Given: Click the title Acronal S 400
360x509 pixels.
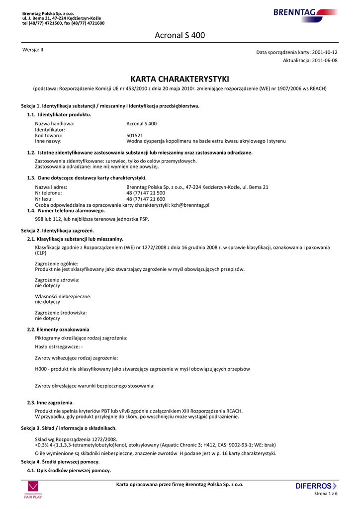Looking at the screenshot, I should pos(180,35).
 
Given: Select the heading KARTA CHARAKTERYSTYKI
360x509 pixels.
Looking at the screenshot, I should pos(180,79).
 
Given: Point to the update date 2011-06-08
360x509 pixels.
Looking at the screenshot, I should pos(325,60).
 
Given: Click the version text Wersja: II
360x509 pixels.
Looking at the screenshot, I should pos(33,50).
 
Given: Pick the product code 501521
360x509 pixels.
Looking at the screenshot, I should pos(135,135).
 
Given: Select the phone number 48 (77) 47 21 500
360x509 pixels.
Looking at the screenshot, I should pos(146,193).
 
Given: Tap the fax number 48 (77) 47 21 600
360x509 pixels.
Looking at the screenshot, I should pos(146,199).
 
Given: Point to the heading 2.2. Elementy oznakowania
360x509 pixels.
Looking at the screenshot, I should pos(58,330).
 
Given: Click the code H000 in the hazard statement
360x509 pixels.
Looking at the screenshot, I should pos(41,369).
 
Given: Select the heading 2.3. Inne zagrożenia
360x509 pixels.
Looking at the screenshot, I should pos(50,402).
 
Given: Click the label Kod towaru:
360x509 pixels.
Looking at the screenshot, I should pos(49,135).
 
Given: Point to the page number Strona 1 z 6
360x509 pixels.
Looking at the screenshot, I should pos(326,494).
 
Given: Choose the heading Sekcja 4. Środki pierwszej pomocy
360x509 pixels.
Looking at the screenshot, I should pos(60,462).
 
